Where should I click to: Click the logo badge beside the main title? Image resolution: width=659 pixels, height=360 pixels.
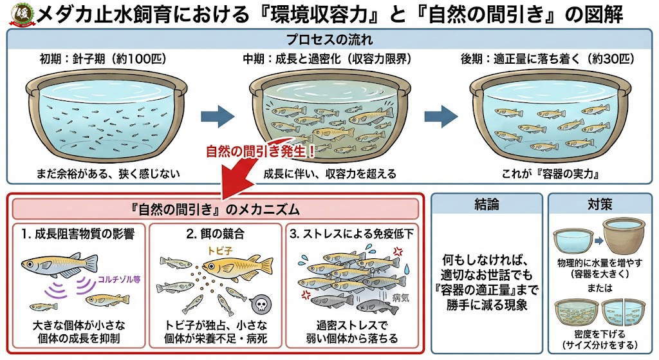pos(18,14)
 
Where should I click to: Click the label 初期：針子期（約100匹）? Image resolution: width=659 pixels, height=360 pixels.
pos(103,59)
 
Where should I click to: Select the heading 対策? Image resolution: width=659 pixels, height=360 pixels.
pos(599,205)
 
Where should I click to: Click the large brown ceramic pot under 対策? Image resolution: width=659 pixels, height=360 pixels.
pos(623,238)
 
